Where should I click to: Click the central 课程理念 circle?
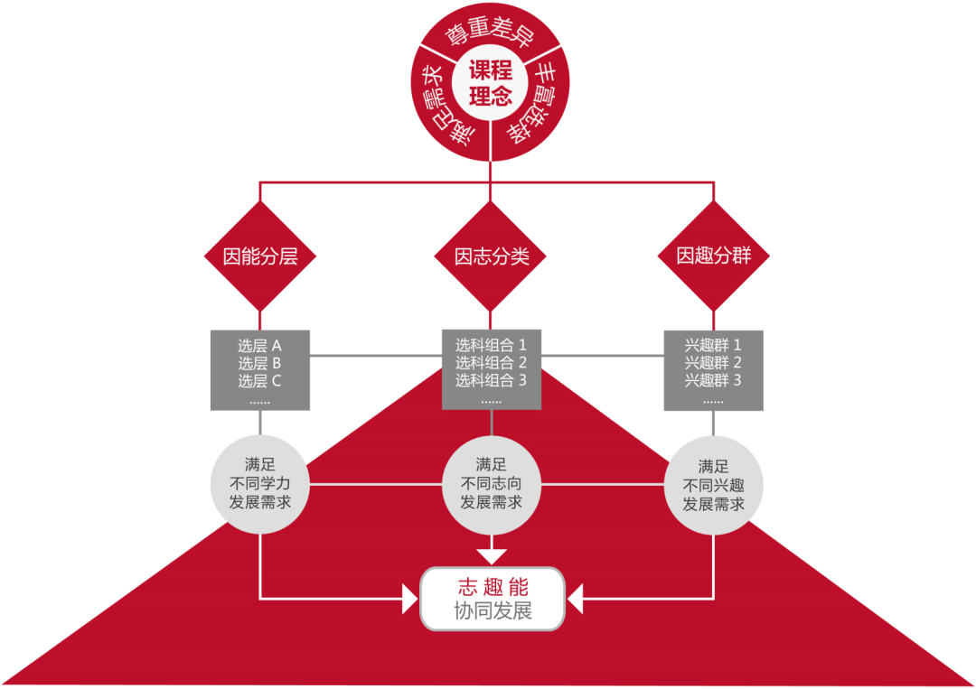[x=491, y=83]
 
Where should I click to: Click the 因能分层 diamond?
[x=260, y=256]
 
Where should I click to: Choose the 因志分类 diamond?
[x=491, y=256]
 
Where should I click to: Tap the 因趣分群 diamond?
[x=713, y=256]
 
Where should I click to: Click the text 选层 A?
[x=259, y=346]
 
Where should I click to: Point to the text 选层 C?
[x=259, y=380]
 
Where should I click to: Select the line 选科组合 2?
[x=491, y=362]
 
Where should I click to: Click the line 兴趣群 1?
[x=713, y=345]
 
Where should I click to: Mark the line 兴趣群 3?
[x=713, y=380]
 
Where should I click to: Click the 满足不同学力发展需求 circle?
[x=260, y=484]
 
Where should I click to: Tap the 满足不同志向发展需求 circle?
[x=491, y=484]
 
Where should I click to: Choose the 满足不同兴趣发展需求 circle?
[x=713, y=485]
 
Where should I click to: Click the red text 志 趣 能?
[x=493, y=587]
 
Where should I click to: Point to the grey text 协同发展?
[x=493, y=611]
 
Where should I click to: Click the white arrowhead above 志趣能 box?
[x=491, y=556]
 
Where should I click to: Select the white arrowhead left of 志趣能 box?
[x=410, y=599]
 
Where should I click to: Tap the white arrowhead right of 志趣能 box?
[x=575, y=599]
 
